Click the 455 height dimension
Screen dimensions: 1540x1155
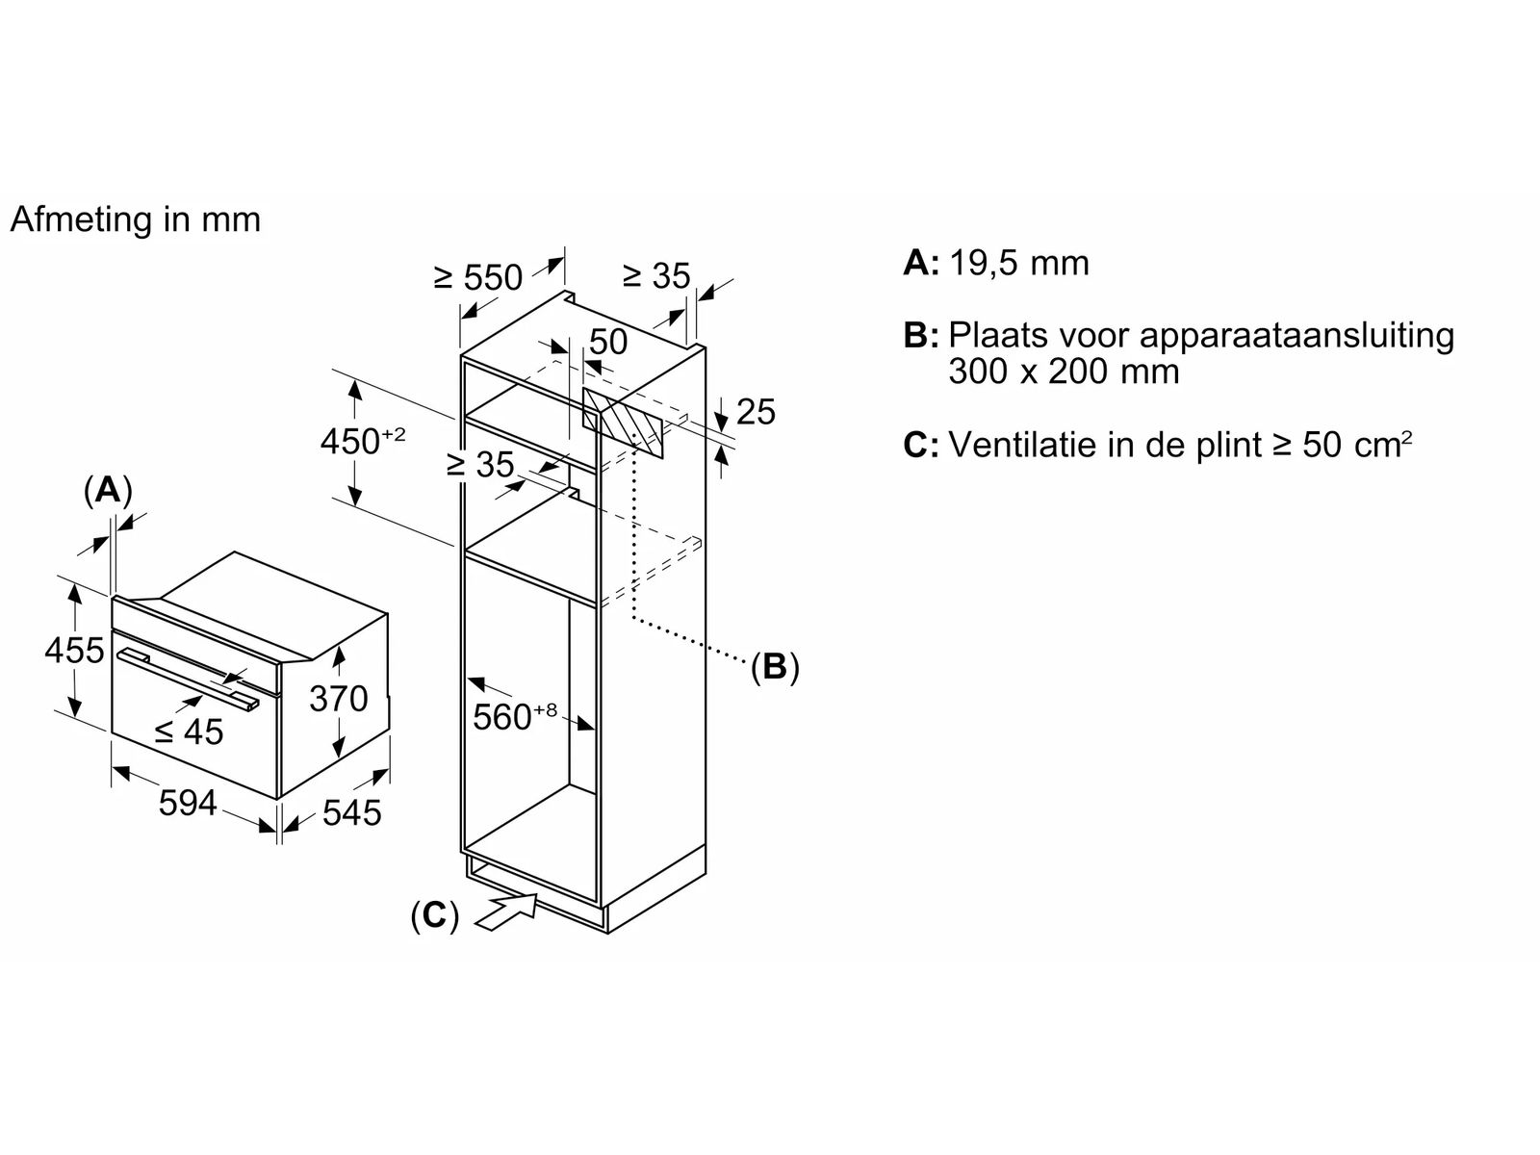[x=74, y=650]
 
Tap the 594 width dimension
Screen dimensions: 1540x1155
[x=188, y=803]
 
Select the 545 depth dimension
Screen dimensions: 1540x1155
[x=351, y=812]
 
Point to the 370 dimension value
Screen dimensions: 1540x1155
[x=339, y=699]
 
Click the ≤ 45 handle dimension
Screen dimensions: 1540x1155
[x=189, y=732]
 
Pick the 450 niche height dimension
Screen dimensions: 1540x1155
[x=363, y=441]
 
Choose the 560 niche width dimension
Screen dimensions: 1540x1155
[x=515, y=715]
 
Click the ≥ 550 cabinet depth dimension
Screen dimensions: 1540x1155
[x=478, y=277]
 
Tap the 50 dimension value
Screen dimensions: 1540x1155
[x=608, y=343]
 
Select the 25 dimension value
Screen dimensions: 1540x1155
[x=756, y=412]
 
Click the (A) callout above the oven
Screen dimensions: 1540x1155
[x=108, y=490]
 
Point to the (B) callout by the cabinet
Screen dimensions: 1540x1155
[x=775, y=667]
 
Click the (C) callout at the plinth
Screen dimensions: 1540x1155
[x=434, y=916]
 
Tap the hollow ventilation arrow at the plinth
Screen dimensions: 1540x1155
[x=507, y=912]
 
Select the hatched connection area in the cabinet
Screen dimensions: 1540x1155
[x=623, y=423]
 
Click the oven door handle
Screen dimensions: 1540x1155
[x=188, y=679]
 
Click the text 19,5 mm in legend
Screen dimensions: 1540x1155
[x=1018, y=265]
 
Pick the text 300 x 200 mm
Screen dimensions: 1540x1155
[x=1064, y=371]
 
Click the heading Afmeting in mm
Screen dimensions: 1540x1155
[x=136, y=219]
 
